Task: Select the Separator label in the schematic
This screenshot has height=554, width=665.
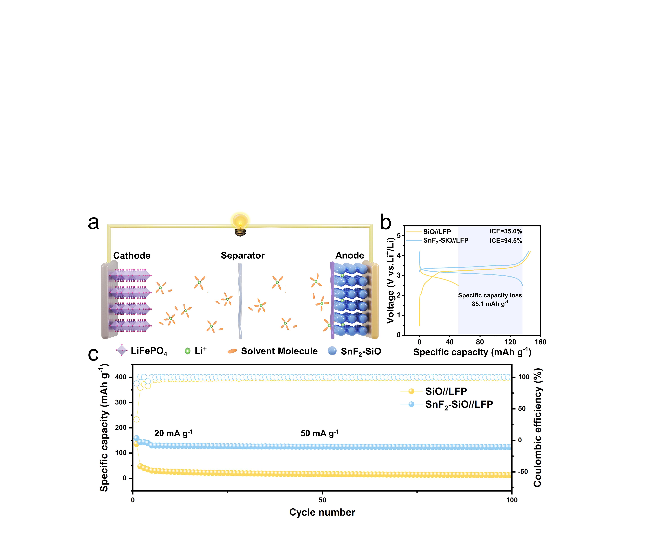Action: pyautogui.click(x=243, y=256)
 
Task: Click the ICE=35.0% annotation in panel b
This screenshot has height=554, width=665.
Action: pyautogui.click(x=506, y=231)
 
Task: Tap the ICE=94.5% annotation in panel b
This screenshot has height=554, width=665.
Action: pyautogui.click(x=506, y=241)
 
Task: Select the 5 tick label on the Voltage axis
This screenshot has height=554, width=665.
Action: pyautogui.click(x=399, y=236)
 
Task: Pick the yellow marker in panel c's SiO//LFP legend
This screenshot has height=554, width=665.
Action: pyautogui.click(x=411, y=391)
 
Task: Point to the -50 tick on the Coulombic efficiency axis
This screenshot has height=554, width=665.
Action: pyautogui.click(x=523, y=472)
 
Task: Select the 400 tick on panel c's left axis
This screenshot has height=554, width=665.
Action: pyautogui.click(x=121, y=377)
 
